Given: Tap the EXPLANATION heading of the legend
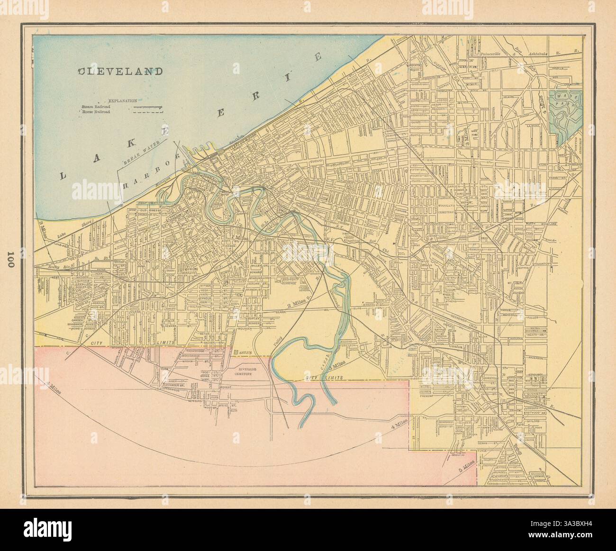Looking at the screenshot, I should click(x=122, y=101).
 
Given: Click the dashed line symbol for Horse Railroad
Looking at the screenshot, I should click(x=148, y=113).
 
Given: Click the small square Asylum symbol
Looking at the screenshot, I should click(x=236, y=352).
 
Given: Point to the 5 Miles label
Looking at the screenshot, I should click(x=467, y=467).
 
